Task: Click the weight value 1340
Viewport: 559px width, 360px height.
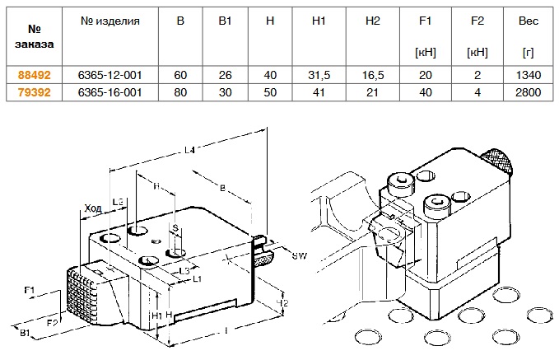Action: pos(527,75)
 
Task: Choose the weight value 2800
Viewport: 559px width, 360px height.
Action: pos(527,92)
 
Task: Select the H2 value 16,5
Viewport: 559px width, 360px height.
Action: pos(370,75)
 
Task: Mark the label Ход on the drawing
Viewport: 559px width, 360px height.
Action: pos(93,210)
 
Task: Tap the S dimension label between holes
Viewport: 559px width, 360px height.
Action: pos(175,228)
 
